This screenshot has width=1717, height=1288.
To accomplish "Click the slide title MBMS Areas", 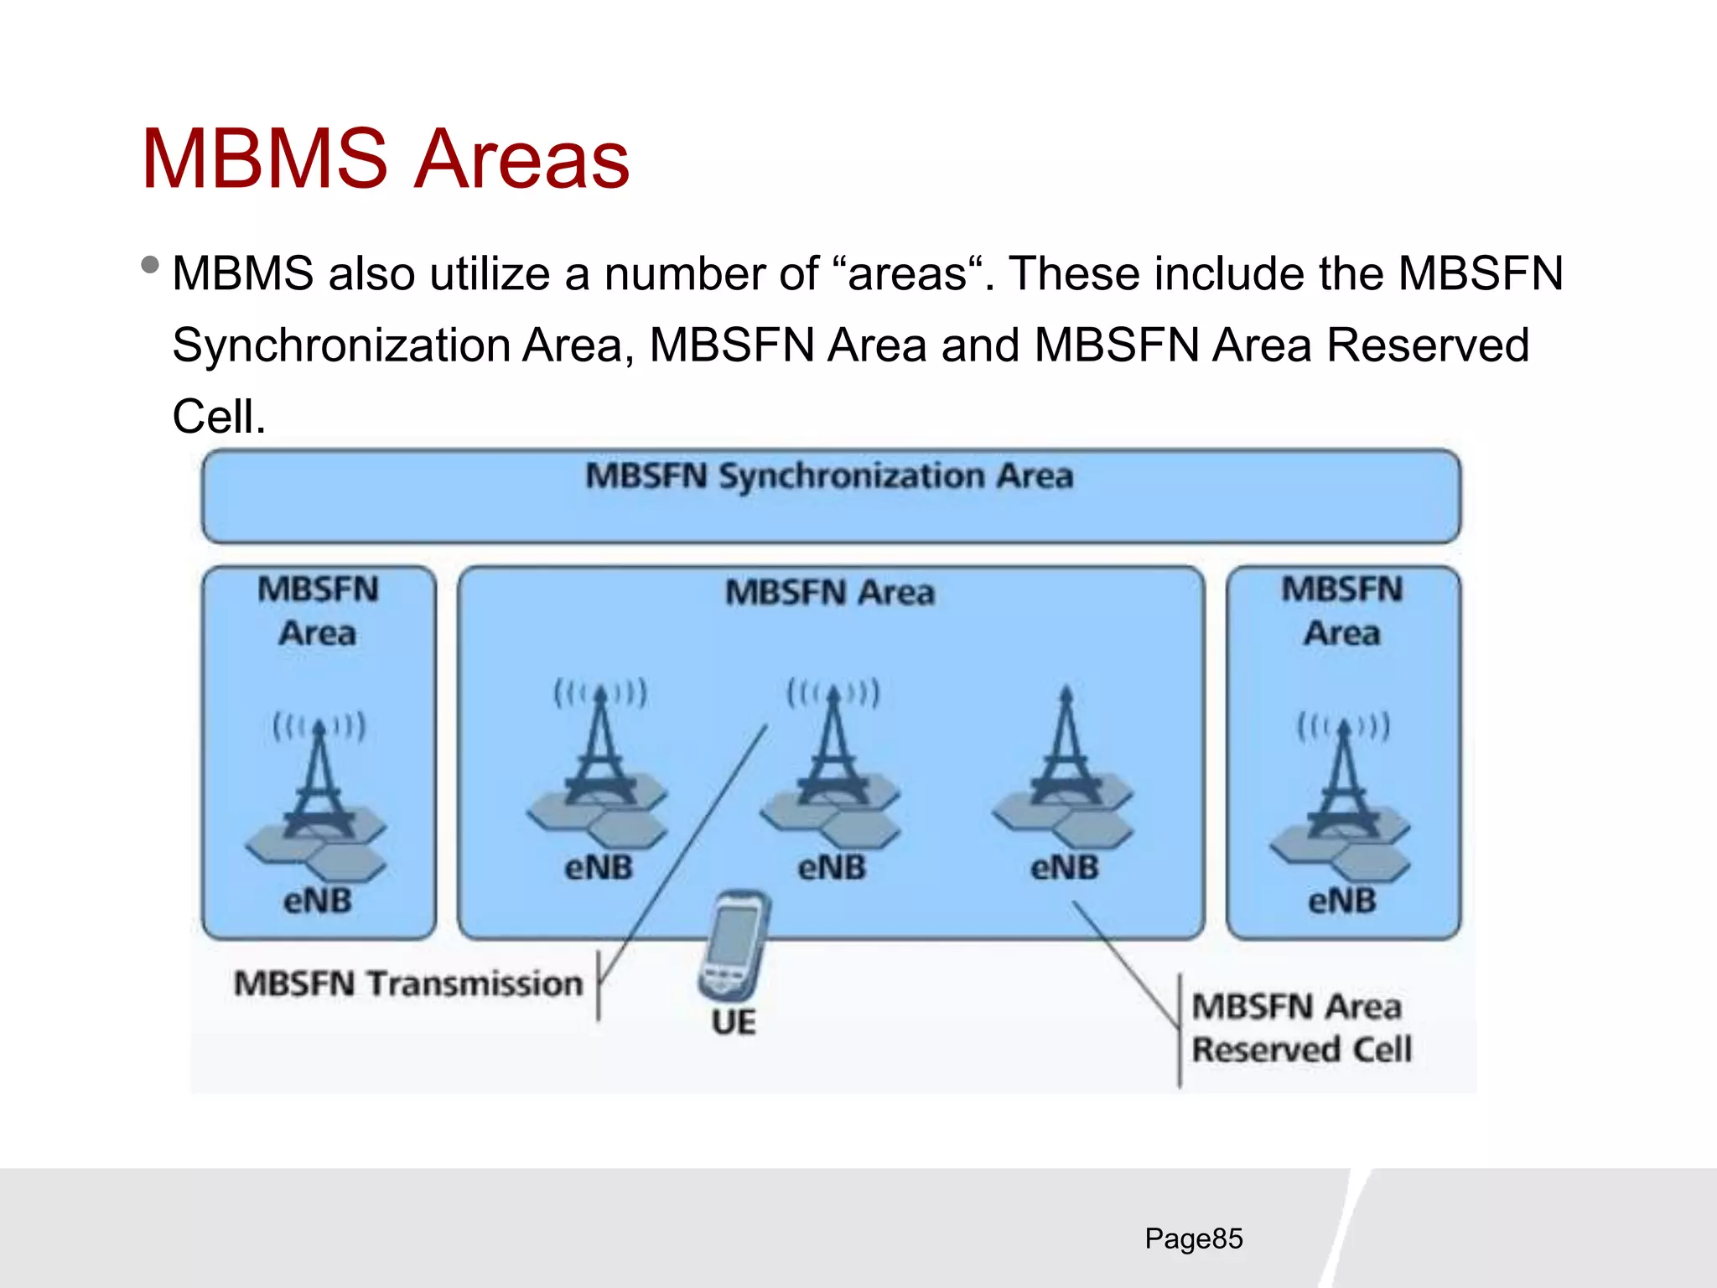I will tap(386, 159).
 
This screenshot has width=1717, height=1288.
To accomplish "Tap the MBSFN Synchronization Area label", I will tap(829, 476).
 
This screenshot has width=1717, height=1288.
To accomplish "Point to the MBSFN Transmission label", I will tap(408, 984).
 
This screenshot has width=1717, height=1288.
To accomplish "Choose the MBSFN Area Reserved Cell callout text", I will tap(1301, 1028).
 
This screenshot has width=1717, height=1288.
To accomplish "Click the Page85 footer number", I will tap(1193, 1239).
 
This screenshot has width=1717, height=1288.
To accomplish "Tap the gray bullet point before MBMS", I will tap(151, 266).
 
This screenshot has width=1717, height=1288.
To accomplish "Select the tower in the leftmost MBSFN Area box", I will tap(319, 780).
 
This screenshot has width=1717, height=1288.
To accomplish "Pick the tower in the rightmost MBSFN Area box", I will tap(1343, 780).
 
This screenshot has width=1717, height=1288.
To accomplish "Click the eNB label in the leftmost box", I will tap(318, 901).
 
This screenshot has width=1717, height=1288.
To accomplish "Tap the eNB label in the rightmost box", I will tap(1342, 901).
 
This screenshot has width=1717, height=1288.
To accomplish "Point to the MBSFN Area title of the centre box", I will tap(829, 593).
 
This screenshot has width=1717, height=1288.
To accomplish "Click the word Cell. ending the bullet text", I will tap(219, 417).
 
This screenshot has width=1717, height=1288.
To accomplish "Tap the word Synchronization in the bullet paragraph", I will tap(341, 345).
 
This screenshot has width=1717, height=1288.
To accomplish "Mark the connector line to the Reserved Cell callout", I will tap(1128, 964).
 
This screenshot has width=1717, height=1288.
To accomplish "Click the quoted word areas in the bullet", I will tap(908, 274).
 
